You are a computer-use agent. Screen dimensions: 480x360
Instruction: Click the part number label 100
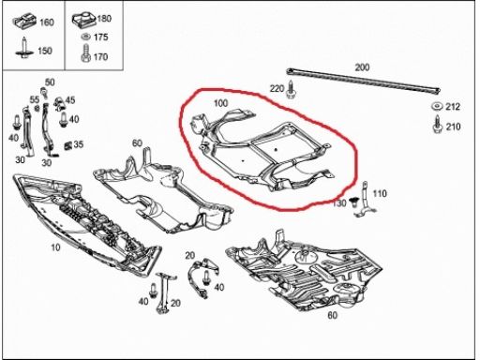(x=220, y=103)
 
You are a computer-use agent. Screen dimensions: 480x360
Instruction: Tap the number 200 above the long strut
(x=362, y=67)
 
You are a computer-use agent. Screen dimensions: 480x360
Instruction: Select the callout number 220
(x=277, y=89)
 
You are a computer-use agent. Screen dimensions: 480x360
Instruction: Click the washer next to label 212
(x=437, y=107)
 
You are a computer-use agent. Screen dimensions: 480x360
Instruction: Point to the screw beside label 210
(x=437, y=125)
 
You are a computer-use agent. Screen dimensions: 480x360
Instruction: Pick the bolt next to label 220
(x=291, y=90)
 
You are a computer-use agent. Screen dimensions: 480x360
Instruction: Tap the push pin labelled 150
(x=23, y=48)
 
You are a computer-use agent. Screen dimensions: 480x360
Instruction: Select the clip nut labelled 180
(x=83, y=20)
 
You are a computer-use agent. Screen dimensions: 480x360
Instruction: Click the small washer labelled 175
(x=85, y=37)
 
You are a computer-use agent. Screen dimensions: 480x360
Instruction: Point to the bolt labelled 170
(x=85, y=53)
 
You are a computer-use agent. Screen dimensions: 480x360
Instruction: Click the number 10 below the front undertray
(x=55, y=247)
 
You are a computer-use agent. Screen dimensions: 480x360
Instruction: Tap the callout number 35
(x=78, y=144)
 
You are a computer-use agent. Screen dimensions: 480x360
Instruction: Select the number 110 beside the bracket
(x=380, y=194)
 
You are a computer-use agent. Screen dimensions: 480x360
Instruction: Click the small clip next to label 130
(x=354, y=202)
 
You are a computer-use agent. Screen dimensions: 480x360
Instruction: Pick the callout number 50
(x=50, y=82)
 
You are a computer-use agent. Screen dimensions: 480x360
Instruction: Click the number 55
(x=35, y=99)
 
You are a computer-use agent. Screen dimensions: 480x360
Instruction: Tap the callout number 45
(x=70, y=100)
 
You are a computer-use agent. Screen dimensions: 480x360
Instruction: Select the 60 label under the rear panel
(x=332, y=315)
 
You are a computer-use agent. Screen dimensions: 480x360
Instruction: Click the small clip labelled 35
(x=68, y=145)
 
